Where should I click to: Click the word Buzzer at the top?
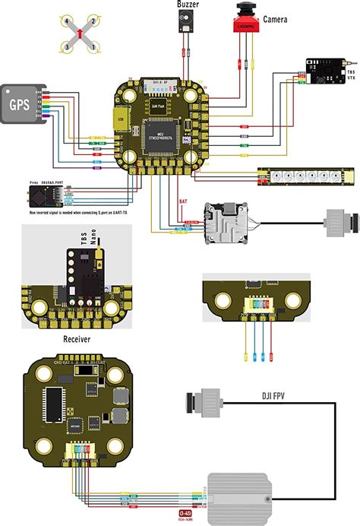(x=188, y=5)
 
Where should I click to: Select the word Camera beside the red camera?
(x=275, y=19)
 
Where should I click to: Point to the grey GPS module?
(x=22, y=103)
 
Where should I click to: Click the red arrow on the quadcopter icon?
(x=81, y=33)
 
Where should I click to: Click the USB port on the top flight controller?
(x=118, y=119)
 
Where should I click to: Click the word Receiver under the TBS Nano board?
(x=77, y=340)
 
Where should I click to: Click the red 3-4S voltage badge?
(x=185, y=515)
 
